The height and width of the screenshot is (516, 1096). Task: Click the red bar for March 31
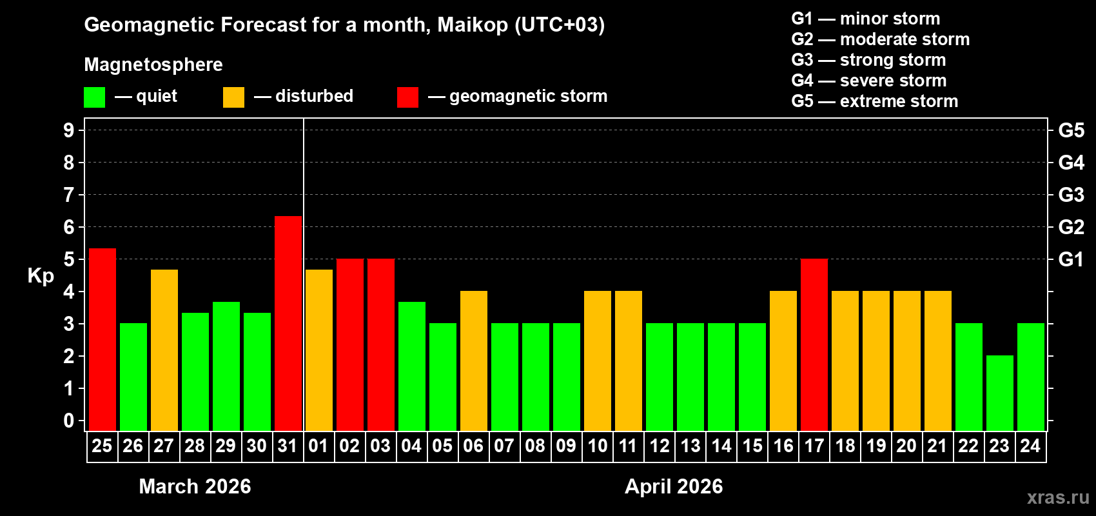[x=288, y=322]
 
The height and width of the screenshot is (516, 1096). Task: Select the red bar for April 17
[x=814, y=344]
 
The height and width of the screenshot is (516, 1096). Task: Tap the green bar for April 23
[x=1000, y=393]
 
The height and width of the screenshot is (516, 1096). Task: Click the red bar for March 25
[x=103, y=339]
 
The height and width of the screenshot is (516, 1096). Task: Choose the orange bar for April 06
[x=474, y=361]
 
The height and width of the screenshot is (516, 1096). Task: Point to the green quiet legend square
[x=95, y=97]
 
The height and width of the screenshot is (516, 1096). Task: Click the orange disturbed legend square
[x=233, y=97]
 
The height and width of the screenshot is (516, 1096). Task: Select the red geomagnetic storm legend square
[x=407, y=97]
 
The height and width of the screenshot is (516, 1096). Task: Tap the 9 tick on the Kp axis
[x=69, y=130]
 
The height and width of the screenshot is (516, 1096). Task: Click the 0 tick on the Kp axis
[x=69, y=421]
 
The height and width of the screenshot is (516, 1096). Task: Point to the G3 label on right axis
[x=1071, y=195]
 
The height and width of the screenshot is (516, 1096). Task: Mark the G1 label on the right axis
[x=1071, y=259]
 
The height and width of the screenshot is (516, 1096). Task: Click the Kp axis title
[x=41, y=276]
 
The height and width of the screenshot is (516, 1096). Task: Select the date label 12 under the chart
[x=660, y=446]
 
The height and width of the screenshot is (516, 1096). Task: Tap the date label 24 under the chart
[x=1030, y=446]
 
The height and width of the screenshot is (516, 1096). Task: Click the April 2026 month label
[x=674, y=486]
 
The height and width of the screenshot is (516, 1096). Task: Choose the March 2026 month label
[x=195, y=486]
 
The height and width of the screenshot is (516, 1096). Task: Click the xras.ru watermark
[x=1058, y=497]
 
